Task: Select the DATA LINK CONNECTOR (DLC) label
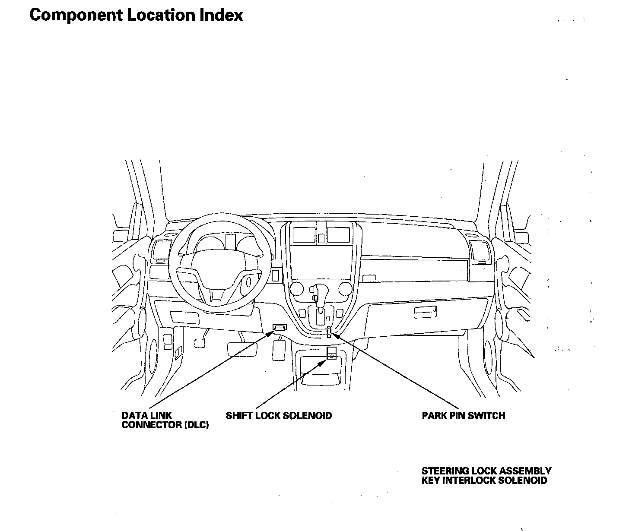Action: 165,420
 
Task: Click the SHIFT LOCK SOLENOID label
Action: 279,416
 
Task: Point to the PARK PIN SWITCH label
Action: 463,416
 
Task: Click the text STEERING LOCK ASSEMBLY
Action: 486,471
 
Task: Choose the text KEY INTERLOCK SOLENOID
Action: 484,480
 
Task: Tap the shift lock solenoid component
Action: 331,353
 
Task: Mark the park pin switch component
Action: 329,332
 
